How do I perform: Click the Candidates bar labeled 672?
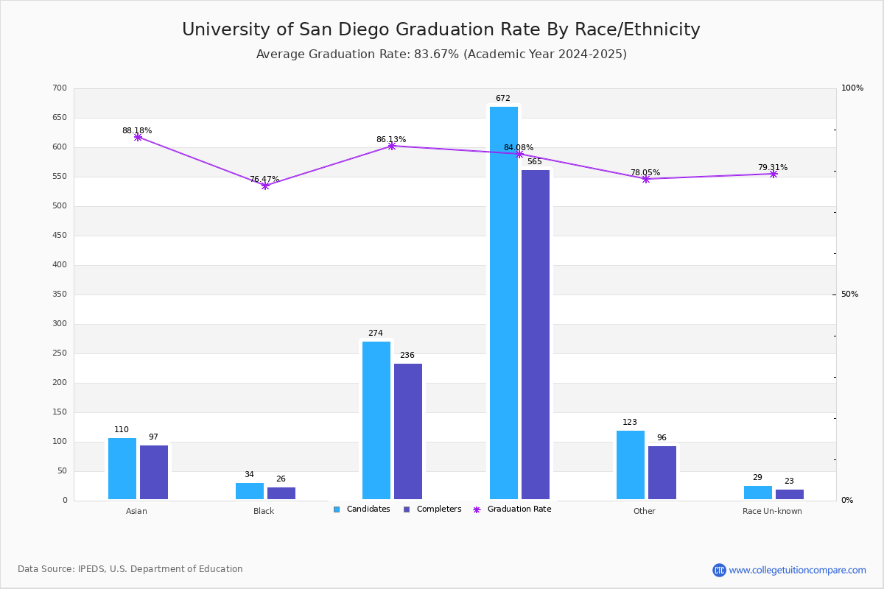pos(504,303)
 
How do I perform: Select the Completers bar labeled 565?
pos(536,334)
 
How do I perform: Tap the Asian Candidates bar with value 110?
pos(122,468)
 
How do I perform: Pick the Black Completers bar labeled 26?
pos(281,493)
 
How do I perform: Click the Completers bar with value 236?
pos(408,431)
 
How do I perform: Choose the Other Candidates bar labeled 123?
pos(631,465)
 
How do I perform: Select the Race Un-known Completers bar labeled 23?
pos(790,494)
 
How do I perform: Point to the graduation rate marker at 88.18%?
pos(138,137)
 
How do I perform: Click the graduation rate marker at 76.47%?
pos(265,186)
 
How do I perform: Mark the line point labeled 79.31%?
pos(773,174)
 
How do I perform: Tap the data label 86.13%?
pos(391,139)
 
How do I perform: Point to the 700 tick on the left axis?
pos(60,88)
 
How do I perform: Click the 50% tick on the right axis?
pos(849,294)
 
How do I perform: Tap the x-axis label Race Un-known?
pos(772,511)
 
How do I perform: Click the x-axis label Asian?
pos(136,511)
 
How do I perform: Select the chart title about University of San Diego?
pos(441,29)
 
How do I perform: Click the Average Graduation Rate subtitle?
pos(441,54)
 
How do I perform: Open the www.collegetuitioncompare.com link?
pos(797,570)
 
